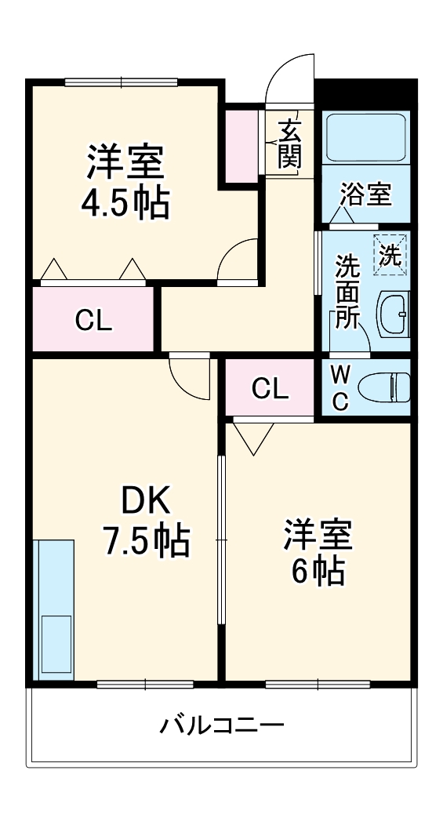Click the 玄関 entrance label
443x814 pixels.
coord(289,144)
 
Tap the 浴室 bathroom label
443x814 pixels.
coord(366,194)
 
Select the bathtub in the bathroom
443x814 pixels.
coord(365,139)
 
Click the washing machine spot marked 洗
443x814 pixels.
coord(390,254)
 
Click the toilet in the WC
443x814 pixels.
coord(384,387)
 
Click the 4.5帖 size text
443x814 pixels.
coord(125,203)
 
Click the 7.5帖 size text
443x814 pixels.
coord(145,540)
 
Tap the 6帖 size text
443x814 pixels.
coord(318,572)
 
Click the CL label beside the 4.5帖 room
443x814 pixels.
coord(93,320)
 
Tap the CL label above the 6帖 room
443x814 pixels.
coord(270,388)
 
